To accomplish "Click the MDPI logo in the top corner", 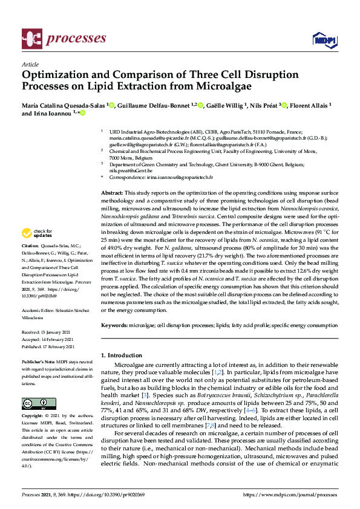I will pos(324,40).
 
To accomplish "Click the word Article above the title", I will pos(30,64).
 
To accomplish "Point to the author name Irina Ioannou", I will pos(51,114).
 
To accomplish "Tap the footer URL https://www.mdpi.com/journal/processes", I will pos(289,494).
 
